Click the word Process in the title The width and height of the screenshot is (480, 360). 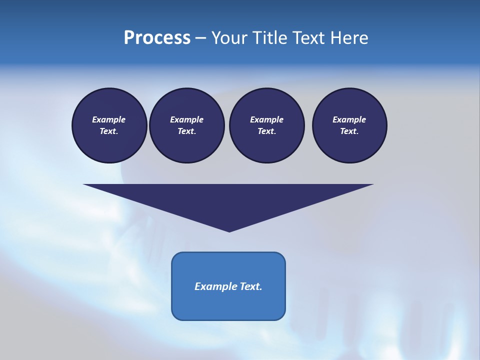(x=157, y=38)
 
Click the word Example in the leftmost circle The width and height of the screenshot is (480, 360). (x=109, y=119)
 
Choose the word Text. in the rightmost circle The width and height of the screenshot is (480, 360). (x=349, y=131)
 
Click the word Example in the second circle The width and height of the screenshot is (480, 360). (x=187, y=119)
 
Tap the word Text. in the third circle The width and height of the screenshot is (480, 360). (x=266, y=131)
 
